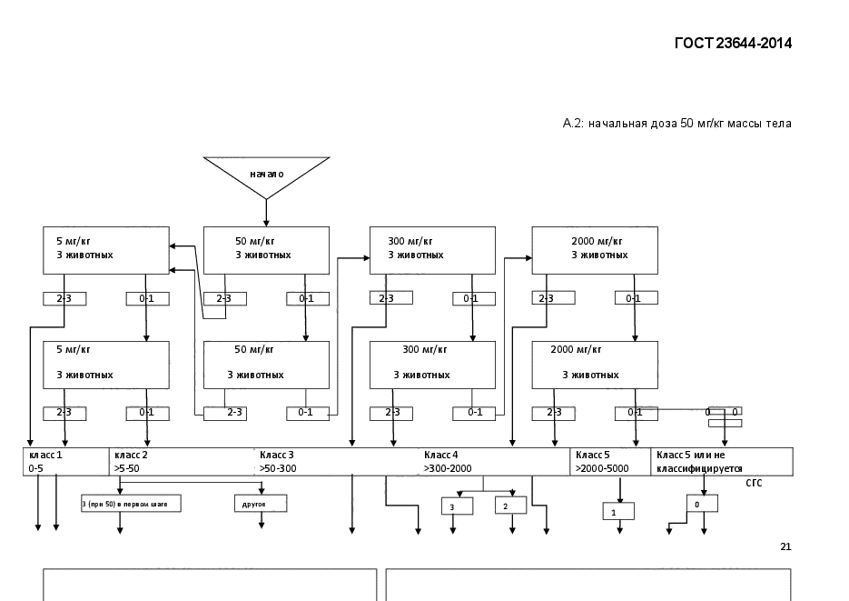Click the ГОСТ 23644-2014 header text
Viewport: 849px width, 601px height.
733,43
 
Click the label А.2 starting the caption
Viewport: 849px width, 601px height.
572,123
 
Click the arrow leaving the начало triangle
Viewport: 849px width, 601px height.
266,211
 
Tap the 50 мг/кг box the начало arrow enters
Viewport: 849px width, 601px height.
266,249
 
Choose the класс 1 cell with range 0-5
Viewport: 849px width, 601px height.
66,462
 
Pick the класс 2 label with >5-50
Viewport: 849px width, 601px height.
133,462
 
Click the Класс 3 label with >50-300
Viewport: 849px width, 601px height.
277,462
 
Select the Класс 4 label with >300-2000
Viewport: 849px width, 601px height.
447,462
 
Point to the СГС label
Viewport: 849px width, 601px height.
754,483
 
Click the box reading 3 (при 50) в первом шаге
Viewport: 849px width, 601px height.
131,503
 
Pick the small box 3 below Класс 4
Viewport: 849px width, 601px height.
457,506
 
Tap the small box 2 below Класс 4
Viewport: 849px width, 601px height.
510,505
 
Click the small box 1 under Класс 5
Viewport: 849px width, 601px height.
617,512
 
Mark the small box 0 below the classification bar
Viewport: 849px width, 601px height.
702,503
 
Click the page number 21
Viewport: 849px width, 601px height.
785,546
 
